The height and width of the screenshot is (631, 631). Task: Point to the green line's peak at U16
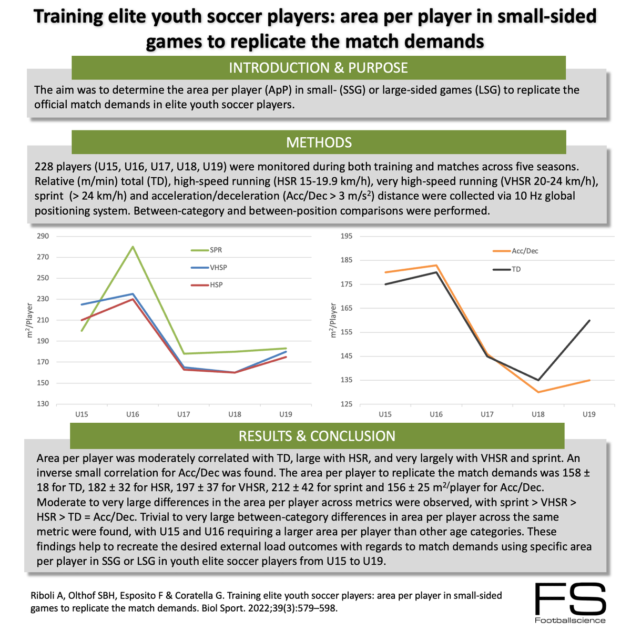[133, 247]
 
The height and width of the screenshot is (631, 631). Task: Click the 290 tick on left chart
[44, 236]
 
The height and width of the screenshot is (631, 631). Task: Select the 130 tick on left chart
[44, 404]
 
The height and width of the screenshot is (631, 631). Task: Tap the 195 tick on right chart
[347, 236]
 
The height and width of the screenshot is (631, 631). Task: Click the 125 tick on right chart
[347, 404]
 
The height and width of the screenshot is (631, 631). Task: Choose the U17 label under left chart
[184, 415]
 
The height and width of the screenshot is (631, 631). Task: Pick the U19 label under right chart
[589, 415]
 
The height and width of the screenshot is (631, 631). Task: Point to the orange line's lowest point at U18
[538, 392]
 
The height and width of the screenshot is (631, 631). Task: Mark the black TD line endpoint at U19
[589, 320]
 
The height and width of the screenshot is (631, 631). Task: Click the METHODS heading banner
[319, 143]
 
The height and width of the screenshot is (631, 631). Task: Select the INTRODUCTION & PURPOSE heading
[319, 68]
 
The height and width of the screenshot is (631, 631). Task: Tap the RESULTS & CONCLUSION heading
[317, 436]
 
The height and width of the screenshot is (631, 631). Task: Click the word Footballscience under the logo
[570, 620]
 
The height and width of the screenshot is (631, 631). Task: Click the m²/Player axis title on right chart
[332, 321]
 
